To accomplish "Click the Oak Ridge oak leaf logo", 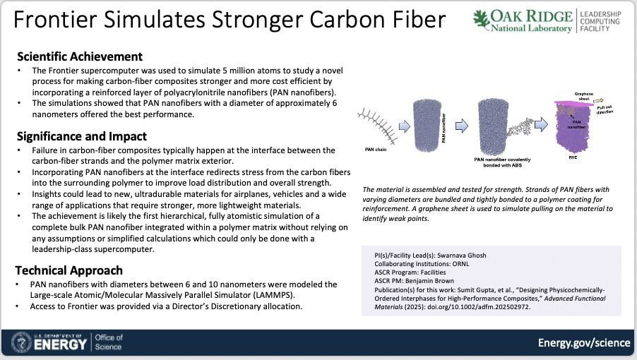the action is click(482, 20).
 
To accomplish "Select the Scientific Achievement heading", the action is click(80, 56).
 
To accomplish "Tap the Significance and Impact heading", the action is click(82, 136).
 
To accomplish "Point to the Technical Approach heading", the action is click(69, 270).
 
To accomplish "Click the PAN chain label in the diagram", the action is click(376, 150).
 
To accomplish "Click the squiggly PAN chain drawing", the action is click(377, 126).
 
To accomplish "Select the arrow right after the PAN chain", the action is click(405, 126).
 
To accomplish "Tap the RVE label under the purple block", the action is click(573, 157).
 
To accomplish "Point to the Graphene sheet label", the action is click(584, 96).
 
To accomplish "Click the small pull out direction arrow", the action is click(598, 100).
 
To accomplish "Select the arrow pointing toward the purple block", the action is click(541, 124).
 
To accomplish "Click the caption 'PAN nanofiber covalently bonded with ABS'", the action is click(503, 162).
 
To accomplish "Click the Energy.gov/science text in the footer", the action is click(584, 342).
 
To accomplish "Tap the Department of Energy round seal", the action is click(21, 342).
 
